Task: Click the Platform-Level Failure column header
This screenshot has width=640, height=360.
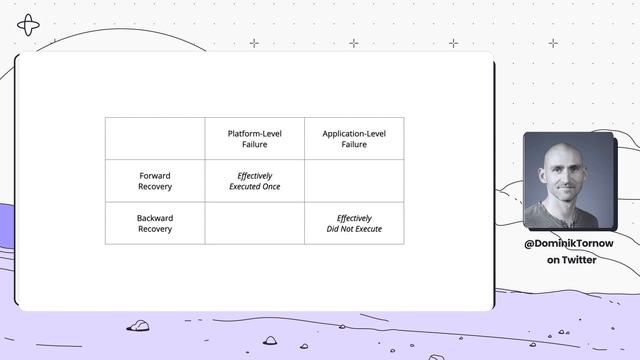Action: click(254, 138)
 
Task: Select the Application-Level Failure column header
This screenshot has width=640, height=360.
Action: click(354, 138)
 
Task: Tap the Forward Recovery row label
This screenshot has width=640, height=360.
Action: click(155, 181)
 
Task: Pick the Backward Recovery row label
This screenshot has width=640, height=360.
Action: click(155, 223)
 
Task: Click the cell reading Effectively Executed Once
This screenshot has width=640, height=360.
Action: click(254, 181)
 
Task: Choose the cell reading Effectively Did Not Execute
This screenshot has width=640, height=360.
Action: click(354, 223)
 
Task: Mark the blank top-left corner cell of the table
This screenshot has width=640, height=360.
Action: click(155, 138)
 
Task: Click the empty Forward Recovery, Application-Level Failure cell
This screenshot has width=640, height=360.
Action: click(354, 181)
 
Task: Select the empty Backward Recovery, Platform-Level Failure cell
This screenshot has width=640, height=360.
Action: click(254, 223)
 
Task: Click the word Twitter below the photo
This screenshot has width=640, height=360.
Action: click(579, 260)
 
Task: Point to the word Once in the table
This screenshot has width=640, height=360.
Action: click(271, 187)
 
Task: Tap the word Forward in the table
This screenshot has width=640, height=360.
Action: click(155, 176)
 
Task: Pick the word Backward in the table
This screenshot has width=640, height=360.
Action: click(155, 217)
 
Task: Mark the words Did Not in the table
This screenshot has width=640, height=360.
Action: click(341, 229)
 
